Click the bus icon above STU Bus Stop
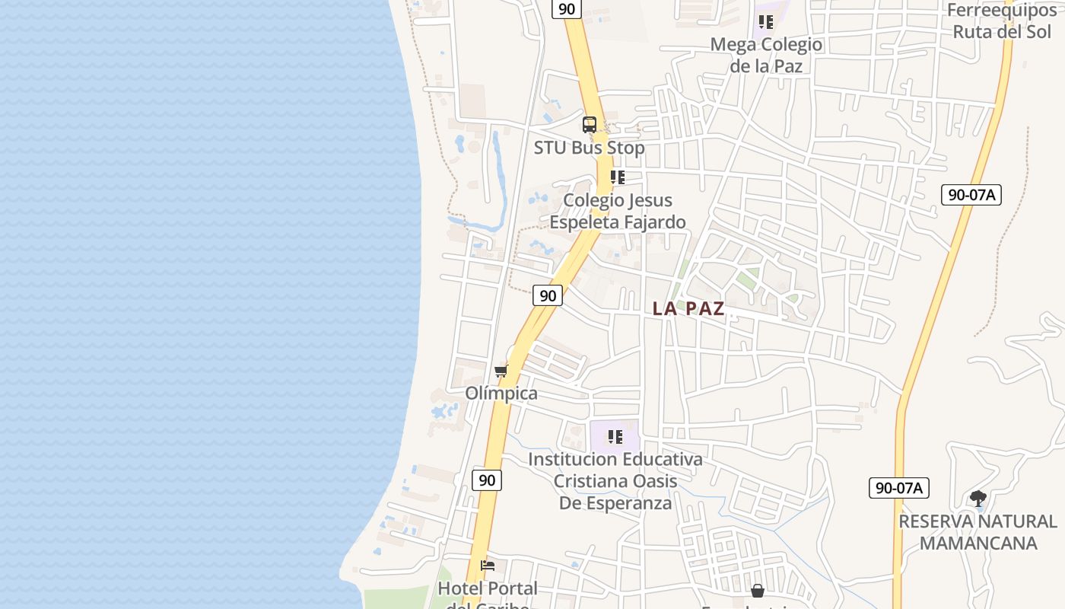pyautogui.click(x=590, y=125)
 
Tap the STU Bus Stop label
pyautogui.click(x=589, y=148)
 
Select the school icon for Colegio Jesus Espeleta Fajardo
pyautogui.click(x=617, y=177)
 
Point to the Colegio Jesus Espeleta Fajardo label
pyautogui.click(x=618, y=211)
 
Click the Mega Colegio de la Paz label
pyautogui.click(x=766, y=55)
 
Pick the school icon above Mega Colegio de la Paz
pyautogui.click(x=765, y=22)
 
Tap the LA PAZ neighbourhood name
pyautogui.click(x=688, y=308)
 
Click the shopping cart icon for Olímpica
pyautogui.click(x=501, y=371)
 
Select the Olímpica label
pyautogui.click(x=501, y=394)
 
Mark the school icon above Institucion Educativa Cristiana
pyautogui.click(x=615, y=437)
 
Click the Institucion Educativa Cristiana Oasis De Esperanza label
pyautogui.click(x=615, y=481)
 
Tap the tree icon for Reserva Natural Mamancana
pyautogui.click(x=978, y=499)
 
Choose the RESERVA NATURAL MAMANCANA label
pyautogui.click(x=978, y=532)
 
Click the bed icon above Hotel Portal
pyautogui.click(x=488, y=566)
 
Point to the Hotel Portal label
pyautogui.click(x=488, y=589)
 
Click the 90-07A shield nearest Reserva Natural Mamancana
pyautogui.click(x=898, y=488)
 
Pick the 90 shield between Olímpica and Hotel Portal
pyautogui.click(x=487, y=480)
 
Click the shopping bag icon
pyautogui.click(x=758, y=591)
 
